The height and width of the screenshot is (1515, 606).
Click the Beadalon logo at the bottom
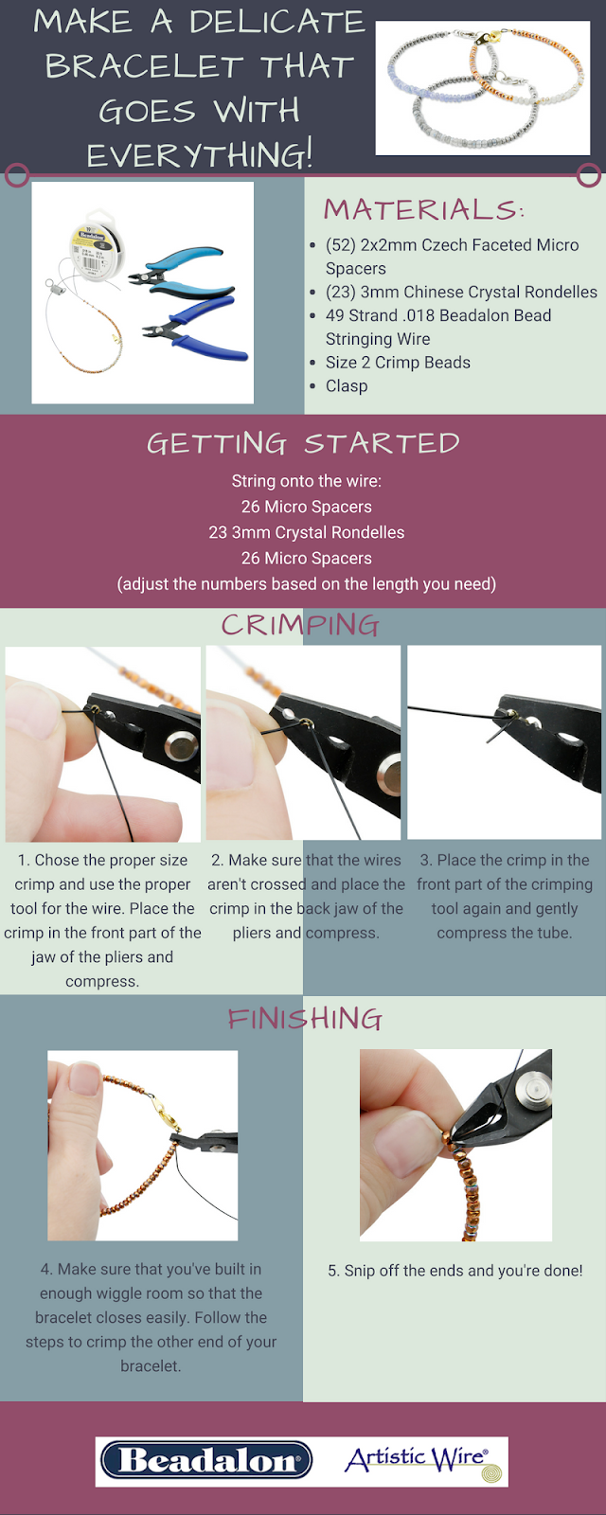pyautogui.click(x=206, y=1460)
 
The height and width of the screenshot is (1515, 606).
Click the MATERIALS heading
pyautogui.click(x=424, y=209)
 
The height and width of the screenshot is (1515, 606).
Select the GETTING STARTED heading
pyautogui.click(x=304, y=444)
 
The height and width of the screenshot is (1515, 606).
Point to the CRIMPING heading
pyautogui.click(x=300, y=625)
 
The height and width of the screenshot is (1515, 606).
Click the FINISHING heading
pyautogui.click(x=305, y=1019)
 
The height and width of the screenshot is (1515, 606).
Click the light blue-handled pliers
pyautogui.click(x=177, y=272)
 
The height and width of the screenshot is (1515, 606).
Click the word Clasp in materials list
pyautogui.click(x=347, y=386)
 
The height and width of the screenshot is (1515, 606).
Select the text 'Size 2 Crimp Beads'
pyautogui.click(x=398, y=363)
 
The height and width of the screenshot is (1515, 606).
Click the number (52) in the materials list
pyautogui.click(x=340, y=245)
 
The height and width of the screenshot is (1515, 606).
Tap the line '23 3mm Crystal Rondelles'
pyautogui.click(x=307, y=532)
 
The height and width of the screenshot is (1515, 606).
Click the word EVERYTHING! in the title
pyautogui.click(x=200, y=155)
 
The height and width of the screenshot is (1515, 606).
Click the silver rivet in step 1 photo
pyautogui.click(x=180, y=747)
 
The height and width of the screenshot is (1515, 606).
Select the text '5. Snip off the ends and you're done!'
pyautogui.click(x=455, y=1270)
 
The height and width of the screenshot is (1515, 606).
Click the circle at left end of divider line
pyautogui.click(x=17, y=175)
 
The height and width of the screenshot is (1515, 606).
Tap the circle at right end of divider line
pyautogui.click(x=589, y=175)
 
